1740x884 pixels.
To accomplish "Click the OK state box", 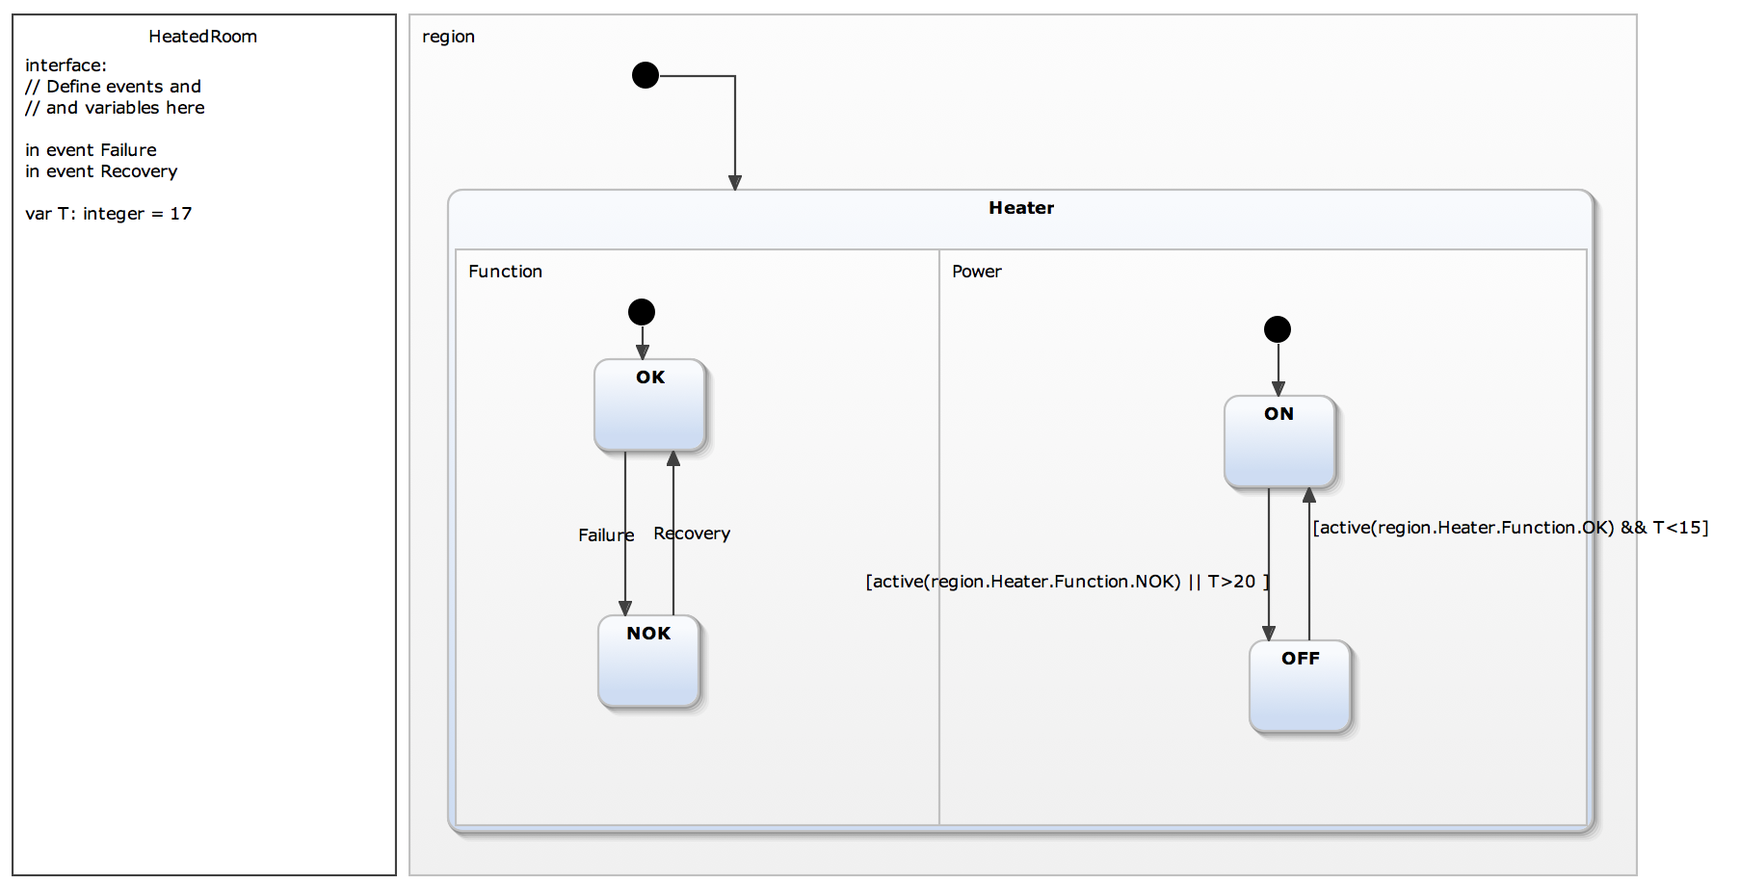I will coord(649,405).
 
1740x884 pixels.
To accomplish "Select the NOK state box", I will coord(648,662).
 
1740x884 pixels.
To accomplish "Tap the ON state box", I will coord(1279,441).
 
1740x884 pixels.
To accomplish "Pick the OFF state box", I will coord(1300,686).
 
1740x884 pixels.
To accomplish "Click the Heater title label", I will coord(1021,208).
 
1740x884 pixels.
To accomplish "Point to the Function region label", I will coord(505,272).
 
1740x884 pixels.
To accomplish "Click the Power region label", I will coord(976,272).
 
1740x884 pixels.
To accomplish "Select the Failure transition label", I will coord(605,535).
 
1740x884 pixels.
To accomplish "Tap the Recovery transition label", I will coord(692,533).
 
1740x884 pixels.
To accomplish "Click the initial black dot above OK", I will coord(642,312).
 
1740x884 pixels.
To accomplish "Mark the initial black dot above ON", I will coord(1278,329).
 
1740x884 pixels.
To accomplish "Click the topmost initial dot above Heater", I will coord(646,75).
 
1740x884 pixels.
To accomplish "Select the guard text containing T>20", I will coord(1067,582).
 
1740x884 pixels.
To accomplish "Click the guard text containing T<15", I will coord(1510,528).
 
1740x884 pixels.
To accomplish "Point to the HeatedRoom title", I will coord(202,37).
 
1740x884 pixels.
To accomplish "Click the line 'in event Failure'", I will coord(91,150).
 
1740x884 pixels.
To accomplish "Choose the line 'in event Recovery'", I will coord(101,171).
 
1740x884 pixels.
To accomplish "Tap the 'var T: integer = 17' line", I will coord(109,214).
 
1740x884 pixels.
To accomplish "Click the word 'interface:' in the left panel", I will coord(66,65).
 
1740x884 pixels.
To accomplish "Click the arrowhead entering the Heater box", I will coord(735,183).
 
